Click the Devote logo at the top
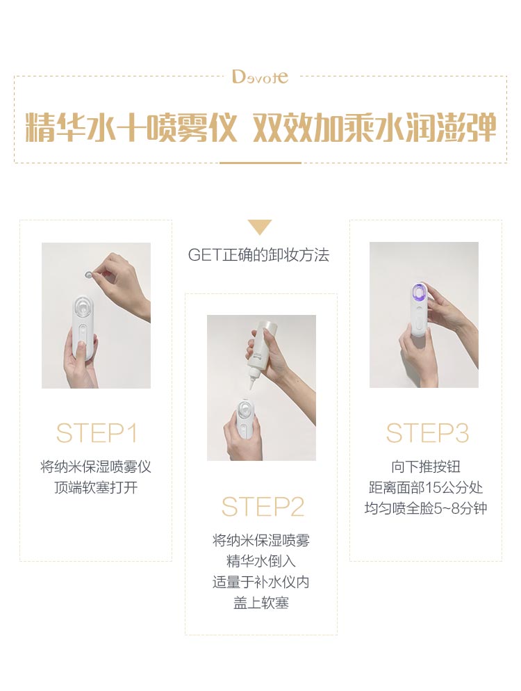coord(260,77)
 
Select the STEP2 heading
coord(263,507)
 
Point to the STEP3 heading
coord(427,433)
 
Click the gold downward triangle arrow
coord(260,227)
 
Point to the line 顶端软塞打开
coord(96,487)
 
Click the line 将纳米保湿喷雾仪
coord(96,466)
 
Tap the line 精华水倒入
coord(260,561)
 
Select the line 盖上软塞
coord(260,603)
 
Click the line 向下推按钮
coord(426,466)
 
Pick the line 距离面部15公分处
coord(426,487)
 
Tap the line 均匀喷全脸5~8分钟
coord(426,508)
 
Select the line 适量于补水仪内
coord(260,582)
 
